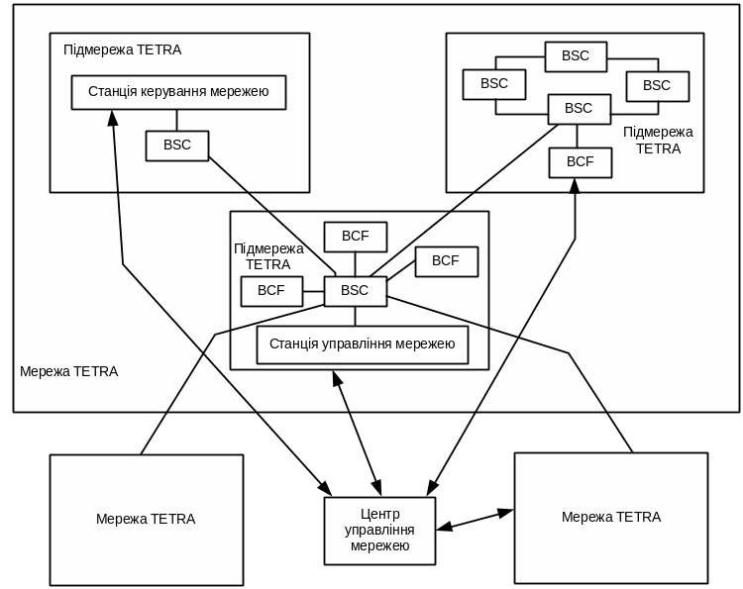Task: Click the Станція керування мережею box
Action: coord(178,92)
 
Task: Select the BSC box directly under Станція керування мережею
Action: coord(177,146)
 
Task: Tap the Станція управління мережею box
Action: coord(362,344)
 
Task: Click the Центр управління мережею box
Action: coord(380,531)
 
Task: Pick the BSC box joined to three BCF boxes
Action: coord(355,291)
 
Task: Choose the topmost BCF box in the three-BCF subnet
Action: coord(356,237)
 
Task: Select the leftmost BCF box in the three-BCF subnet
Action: coord(271,291)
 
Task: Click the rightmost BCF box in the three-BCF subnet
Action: coord(446,261)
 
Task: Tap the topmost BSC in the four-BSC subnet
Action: coord(576,56)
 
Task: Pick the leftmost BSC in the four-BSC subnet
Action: coord(494,84)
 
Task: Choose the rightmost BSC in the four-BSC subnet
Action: coord(657,86)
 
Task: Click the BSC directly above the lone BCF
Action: coord(579,109)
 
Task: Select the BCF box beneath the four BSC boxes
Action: coord(581,161)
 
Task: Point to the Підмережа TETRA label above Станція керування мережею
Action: coord(123,49)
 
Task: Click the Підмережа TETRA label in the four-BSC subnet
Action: coord(659,141)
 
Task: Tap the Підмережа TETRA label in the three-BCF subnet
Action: coord(268,256)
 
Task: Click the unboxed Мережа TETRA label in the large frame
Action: coord(69,372)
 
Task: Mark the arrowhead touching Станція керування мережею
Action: coord(112,117)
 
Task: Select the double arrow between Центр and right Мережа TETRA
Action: coord(475,520)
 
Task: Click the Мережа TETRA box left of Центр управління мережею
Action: coord(147,520)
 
